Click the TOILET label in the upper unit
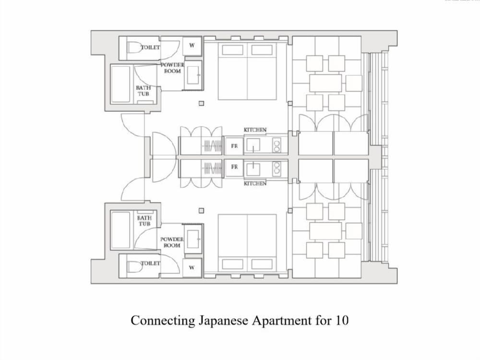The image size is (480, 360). [x=150, y=48]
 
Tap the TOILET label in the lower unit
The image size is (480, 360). [x=150, y=263]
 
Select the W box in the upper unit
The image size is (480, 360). [x=192, y=46]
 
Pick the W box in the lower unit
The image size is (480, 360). [x=192, y=267]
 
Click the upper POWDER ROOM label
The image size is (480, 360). [x=172, y=68]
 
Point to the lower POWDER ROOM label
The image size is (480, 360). [x=172, y=242]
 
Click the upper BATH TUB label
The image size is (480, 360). [x=143, y=91]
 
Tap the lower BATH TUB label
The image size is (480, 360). [x=144, y=221]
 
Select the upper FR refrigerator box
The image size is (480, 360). [x=234, y=146]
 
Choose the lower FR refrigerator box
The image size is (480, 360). [x=234, y=167]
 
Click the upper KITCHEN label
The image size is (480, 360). [x=255, y=130]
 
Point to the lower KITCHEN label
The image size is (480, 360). [x=255, y=183]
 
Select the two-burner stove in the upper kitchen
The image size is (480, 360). [x=277, y=145]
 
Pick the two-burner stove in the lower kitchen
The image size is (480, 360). [x=277, y=168]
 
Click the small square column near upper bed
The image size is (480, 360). [x=201, y=104]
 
